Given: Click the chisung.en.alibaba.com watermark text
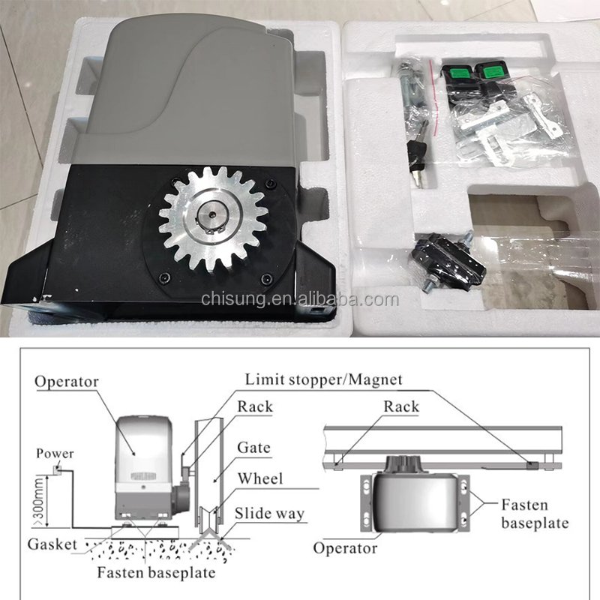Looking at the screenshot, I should click(300, 299).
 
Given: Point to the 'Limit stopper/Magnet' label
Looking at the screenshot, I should click(323, 379).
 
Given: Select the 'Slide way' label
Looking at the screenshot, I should click(269, 514).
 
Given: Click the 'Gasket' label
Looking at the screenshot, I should click(53, 544).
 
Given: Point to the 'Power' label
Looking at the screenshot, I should click(55, 453).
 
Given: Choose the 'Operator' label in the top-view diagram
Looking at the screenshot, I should click(344, 548).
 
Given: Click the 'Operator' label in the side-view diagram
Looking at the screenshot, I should click(67, 381).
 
